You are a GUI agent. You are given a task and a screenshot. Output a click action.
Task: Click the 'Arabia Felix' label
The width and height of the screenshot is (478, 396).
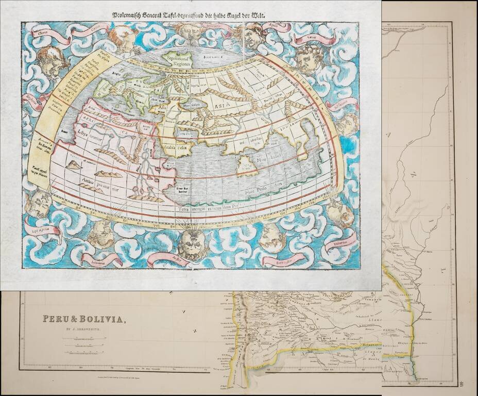pyautogui.click(x=178, y=142)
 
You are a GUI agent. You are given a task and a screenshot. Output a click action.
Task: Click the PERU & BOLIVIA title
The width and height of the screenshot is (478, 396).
pyautogui.click(x=83, y=320)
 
